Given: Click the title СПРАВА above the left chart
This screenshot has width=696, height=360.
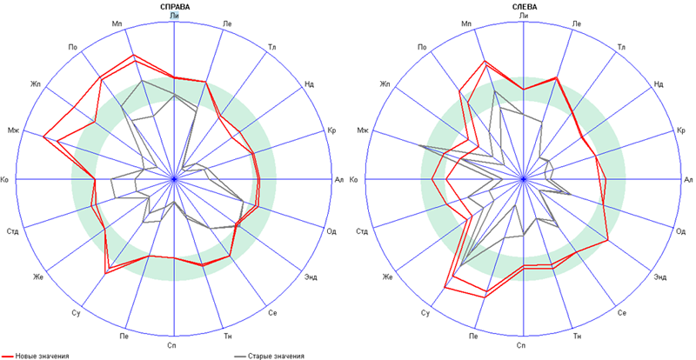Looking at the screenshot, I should click(176, 6).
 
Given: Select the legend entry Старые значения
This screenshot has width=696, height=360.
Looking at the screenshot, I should click(278, 355).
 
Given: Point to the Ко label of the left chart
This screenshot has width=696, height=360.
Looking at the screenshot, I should click(5, 179).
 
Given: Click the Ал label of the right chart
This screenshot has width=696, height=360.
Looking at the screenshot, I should click(688, 179).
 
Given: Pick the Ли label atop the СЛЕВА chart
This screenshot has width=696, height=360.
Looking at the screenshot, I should click(523, 15).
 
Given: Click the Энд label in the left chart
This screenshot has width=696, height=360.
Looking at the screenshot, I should click(311, 277).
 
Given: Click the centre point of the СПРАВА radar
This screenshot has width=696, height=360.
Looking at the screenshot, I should click(175, 179).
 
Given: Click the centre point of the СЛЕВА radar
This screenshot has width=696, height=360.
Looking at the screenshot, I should click(523, 179).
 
